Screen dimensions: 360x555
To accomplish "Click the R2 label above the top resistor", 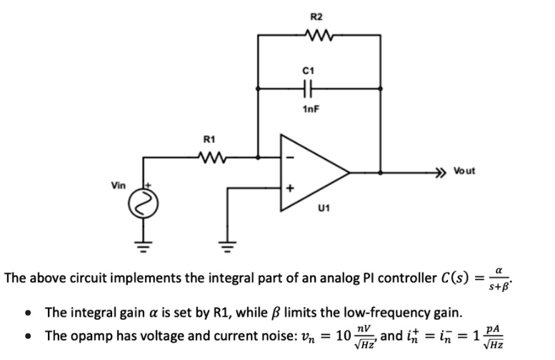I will click(x=317, y=16).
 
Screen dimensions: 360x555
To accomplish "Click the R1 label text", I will click(x=209, y=139).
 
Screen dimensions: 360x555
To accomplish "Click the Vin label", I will click(x=119, y=185).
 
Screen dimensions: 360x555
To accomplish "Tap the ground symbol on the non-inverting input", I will click(x=227, y=249).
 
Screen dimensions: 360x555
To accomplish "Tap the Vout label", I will click(x=462, y=172).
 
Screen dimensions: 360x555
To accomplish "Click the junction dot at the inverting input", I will click(x=258, y=156).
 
